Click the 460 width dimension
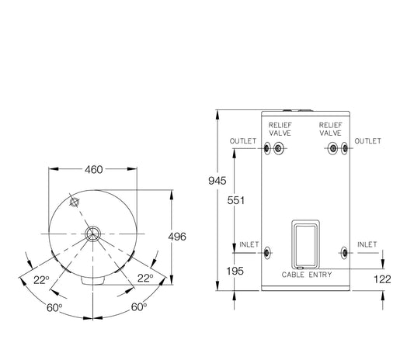click(x=94, y=170)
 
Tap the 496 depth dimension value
click(x=177, y=237)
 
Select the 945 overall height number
click(x=217, y=181)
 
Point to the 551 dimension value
click(x=236, y=200)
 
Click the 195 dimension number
click(x=235, y=271)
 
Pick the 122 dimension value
click(x=382, y=279)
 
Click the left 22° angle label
click(x=41, y=280)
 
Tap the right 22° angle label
click(x=145, y=278)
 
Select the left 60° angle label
click(x=54, y=307)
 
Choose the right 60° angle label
click(x=139, y=306)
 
